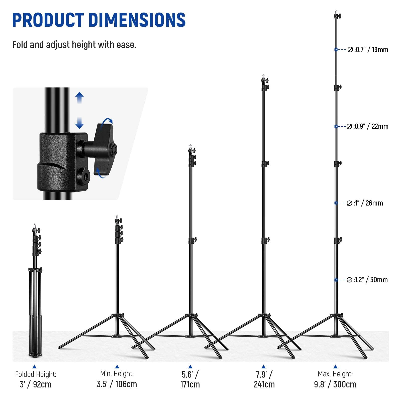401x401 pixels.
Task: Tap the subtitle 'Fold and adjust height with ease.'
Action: click(74, 45)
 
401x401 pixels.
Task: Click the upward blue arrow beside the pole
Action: click(79, 98)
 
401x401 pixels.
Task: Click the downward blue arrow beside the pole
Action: click(79, 123)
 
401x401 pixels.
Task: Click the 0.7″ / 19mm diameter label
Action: click(368, 50)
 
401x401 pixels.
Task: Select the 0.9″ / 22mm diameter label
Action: click(367, 126)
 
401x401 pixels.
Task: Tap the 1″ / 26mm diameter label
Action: click(365, 203)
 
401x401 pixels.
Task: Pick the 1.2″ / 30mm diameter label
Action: click(367, 280)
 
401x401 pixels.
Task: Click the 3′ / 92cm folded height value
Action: click(36, 384)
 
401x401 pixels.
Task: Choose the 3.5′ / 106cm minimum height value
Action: click(117, 384)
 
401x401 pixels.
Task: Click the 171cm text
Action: click(190, 384)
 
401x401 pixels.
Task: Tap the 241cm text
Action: click(264, 384)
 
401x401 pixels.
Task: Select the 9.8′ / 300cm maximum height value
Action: click(335, 384)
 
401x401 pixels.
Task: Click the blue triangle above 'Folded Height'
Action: click(35, 367)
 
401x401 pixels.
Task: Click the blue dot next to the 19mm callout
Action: click(336, 50)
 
